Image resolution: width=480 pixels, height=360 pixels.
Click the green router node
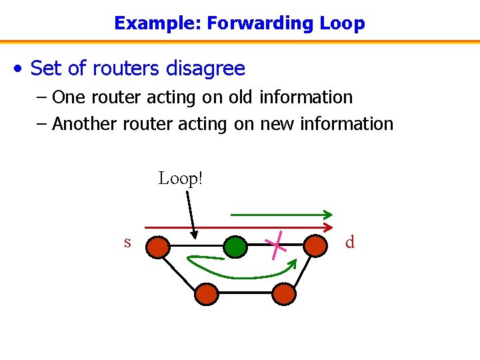point(235,247)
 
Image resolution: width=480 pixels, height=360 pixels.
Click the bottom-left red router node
point(207,293)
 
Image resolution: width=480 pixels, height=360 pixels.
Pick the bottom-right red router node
point(284,293)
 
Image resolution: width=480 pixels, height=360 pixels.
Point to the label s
point(127,242)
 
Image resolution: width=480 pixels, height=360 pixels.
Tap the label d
point(350,242)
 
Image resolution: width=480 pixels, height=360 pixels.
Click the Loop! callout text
point(180,179)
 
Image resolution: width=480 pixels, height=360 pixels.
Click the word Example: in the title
point(158,23)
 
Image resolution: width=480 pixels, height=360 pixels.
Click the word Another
point(85,124)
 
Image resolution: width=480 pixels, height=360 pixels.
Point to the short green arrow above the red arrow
point(281,215)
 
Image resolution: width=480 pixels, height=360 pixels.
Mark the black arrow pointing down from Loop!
point(190,213)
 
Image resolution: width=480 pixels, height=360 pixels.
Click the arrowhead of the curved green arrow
point(293,261)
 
